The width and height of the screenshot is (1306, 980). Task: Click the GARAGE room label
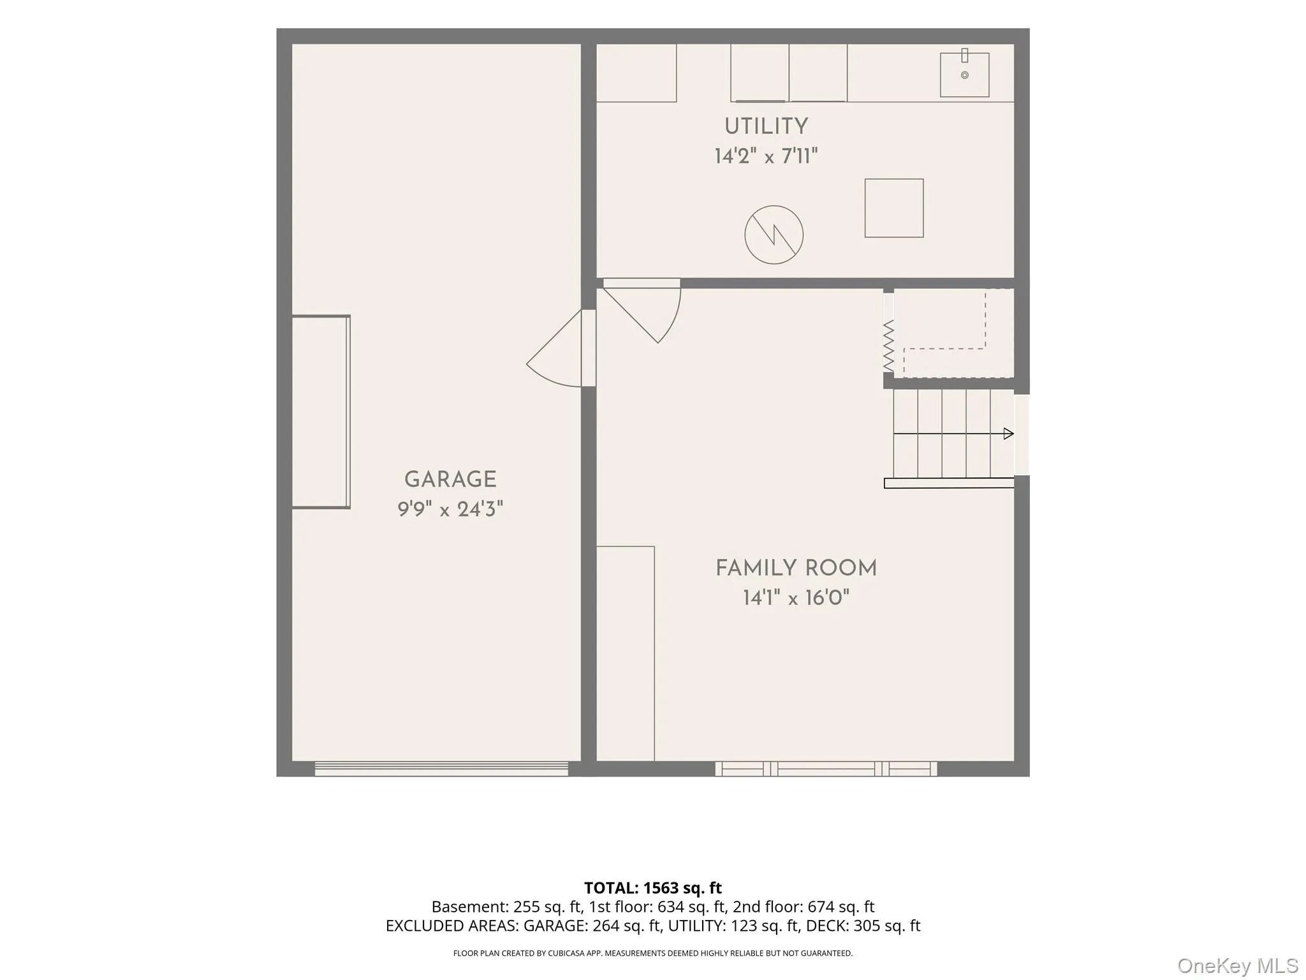click(450, 479)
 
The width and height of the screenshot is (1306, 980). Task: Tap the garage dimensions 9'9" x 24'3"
click(450, 509)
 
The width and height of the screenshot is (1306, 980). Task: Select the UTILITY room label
click(766, 126)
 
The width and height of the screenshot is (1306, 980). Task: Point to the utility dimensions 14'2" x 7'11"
click(766, 156)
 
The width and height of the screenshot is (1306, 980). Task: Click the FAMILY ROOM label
click(796, 568)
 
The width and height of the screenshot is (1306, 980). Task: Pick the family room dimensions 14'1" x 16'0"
click(796, 598)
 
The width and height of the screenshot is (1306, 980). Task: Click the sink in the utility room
click(964, 74)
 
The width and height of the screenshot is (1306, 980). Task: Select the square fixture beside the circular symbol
click(894, 208)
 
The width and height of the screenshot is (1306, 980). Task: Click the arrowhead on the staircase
click(1009, 434)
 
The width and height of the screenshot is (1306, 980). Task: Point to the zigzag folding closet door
click(888, 346)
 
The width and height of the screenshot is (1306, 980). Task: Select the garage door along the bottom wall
click(441, 768)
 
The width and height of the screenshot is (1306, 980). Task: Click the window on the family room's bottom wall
click(826, 768)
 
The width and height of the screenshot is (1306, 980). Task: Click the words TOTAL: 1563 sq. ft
click(653, 888)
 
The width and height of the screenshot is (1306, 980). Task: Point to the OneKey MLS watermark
click(1238, 966)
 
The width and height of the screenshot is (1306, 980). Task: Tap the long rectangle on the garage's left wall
click(321, 412)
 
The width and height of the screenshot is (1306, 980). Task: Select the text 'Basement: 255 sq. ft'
click(507, 907)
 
